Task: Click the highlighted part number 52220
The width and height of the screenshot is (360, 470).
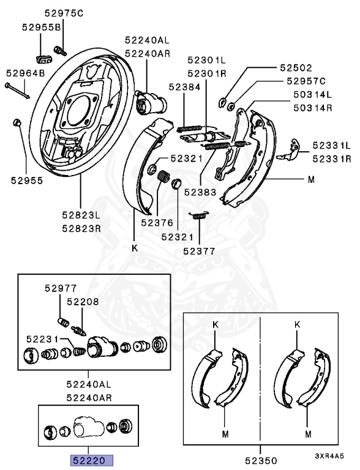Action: tap(91, 460)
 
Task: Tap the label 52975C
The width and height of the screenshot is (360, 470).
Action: tap(64, 13)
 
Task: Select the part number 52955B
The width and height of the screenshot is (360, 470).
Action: tap(41, 28)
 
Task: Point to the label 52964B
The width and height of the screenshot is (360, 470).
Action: tap(26, 73)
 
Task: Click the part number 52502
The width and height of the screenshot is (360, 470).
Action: tap(296, 68)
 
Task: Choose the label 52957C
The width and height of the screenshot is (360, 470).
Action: tap(306, 81)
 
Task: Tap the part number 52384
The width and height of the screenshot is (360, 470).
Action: tap(184, 87)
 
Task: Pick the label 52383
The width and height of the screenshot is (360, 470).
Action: tap(200, 192)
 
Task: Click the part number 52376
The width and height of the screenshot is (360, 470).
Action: tap(157, 223)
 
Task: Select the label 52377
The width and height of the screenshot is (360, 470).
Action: tap(199, 251)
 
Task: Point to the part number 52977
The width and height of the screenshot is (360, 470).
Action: tap(61, 288)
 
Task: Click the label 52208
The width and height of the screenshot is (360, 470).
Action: tap(83, 302)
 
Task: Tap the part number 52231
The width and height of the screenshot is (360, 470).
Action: tap(42, 339)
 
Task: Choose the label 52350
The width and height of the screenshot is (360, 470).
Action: tap(261, 460)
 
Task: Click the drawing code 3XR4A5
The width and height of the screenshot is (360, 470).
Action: tap(329, 456)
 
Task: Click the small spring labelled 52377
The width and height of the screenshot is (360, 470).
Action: tap(198, 215)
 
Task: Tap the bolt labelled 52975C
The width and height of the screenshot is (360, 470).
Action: tap(60, 50)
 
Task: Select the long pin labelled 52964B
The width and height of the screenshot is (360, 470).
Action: tap(17, 91)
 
